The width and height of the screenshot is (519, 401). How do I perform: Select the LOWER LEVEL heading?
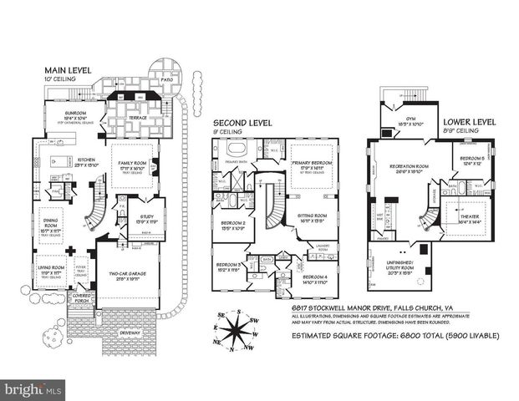coord(467,121)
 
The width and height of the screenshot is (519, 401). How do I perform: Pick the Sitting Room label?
coord(313,216)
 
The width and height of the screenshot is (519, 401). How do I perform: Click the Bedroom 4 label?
coord(313,277)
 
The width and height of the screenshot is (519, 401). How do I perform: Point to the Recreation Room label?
coord(410,166)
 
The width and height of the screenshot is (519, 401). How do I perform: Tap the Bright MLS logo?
coord(33,389)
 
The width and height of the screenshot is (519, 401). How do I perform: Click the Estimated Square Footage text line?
coord(394,336)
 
